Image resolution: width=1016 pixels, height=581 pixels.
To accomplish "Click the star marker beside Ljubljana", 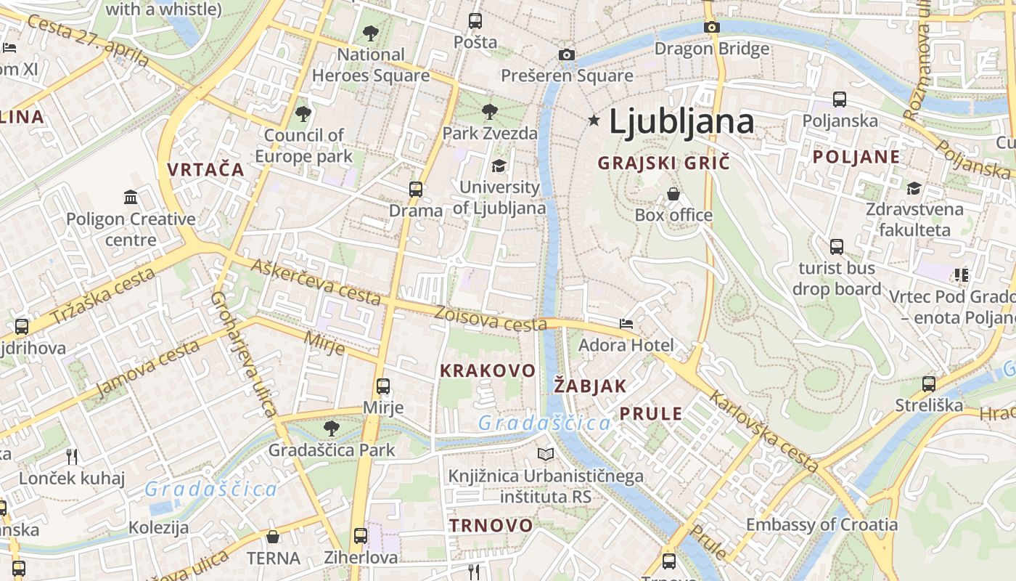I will click(x=594, y=121).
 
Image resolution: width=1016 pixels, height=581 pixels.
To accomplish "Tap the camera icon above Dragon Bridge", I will click(x=712, y=28).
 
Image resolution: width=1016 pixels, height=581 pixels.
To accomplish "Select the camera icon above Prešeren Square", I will click(x=567, y=54).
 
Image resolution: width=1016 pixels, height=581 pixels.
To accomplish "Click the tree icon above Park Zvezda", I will click(x=490, y=112).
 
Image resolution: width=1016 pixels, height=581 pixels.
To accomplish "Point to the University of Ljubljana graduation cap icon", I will click(x=499, y=166).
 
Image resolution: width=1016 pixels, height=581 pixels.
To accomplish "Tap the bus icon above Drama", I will click(x=416, y=190).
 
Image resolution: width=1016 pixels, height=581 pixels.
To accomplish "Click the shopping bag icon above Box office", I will click(x=673, y=194).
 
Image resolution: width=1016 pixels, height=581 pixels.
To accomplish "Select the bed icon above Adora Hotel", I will click(x=626, y=323).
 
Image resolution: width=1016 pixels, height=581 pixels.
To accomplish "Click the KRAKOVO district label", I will click(x=488, y=370).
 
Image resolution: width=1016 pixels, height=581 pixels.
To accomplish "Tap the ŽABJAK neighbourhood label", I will click(x=590, y=386).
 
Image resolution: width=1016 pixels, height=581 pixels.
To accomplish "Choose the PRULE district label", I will click(x=651, y=414).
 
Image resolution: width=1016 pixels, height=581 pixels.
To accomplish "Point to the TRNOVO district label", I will click(x=491, y=525).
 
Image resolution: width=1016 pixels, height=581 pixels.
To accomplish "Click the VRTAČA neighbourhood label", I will click(x=206, y=170).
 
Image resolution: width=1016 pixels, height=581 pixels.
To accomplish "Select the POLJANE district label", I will click(x=856, y=157).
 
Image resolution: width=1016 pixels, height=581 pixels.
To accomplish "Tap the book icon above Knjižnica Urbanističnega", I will click(x=546, y=455).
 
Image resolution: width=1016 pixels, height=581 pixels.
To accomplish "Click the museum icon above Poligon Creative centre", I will click(x=131, y=197).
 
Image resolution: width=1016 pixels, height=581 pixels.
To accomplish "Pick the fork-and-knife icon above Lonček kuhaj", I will click(x=72, y=457).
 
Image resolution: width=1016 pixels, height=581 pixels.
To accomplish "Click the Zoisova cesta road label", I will click(x=491, y=317).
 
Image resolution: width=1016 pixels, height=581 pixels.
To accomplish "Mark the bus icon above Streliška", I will click(x=929, y=383).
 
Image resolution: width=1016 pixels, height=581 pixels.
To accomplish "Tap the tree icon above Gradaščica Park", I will click(x=332, y=428).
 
